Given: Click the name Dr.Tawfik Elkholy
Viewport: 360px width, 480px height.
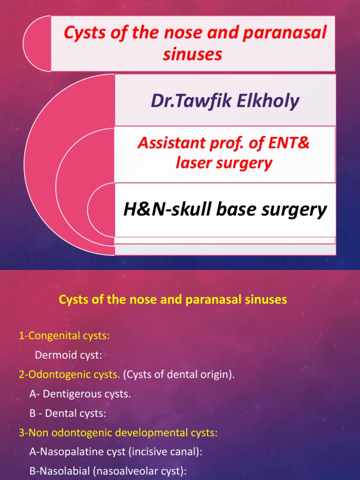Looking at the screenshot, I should [225, 101].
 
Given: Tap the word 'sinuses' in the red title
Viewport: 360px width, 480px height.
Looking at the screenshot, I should [192, 55].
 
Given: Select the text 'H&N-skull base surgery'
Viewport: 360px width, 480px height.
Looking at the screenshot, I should [225, 210].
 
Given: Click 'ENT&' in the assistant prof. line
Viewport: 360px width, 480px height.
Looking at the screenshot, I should [290, 143].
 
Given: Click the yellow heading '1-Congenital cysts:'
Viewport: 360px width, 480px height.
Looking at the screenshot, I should [65, 336].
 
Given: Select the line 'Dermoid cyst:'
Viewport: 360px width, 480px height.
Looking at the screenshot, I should [68, 355].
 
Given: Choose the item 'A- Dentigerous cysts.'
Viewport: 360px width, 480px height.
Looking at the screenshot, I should [80, 394].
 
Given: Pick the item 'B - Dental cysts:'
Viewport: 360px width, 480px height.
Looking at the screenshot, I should [68, 414].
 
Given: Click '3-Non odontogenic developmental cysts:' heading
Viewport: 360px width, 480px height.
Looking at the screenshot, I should [118, 433].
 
